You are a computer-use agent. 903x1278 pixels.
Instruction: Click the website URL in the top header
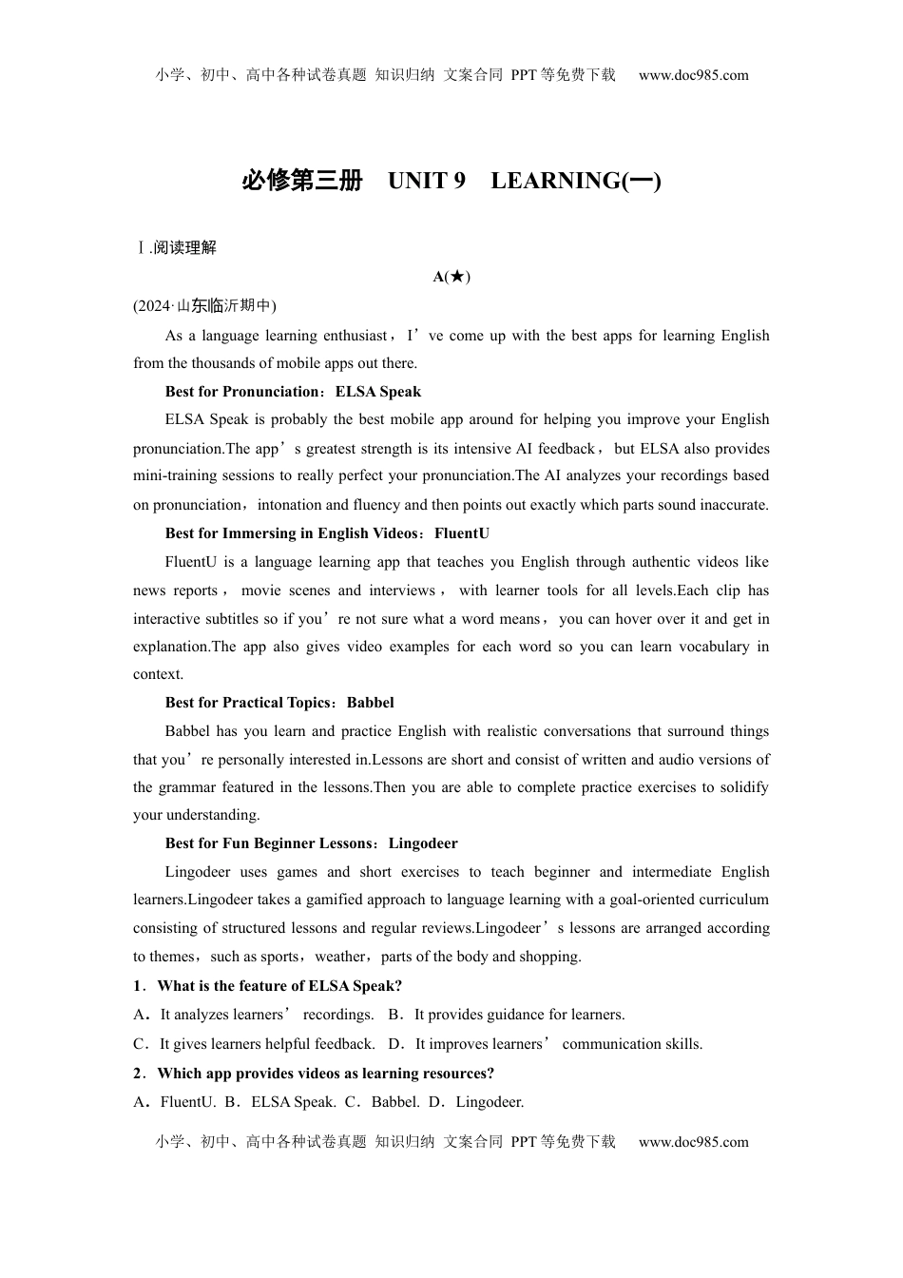693,75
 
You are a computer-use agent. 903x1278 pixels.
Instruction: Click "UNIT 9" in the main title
427,181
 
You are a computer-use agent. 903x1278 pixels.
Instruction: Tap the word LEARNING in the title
555,181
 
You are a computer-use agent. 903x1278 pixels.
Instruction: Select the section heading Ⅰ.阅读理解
176,247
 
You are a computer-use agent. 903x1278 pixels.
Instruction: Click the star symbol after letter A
456,277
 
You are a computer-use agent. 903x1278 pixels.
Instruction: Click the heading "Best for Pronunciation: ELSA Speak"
293,392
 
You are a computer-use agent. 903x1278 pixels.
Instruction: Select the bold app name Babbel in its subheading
370,703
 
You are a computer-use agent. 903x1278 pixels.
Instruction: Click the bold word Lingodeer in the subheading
423,843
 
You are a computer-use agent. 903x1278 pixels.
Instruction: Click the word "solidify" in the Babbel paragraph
742,787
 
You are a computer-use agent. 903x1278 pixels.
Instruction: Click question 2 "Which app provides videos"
325,1074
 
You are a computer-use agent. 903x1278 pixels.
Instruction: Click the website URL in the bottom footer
693,1142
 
